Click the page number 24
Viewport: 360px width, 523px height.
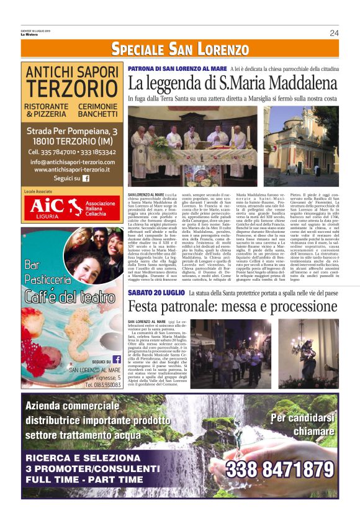tap(334, 33)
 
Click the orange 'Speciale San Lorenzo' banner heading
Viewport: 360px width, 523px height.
tap(179, 49)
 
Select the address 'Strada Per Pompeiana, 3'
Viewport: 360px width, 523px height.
tap(72, 132)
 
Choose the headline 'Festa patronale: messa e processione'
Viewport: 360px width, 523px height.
tap(232, 306)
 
